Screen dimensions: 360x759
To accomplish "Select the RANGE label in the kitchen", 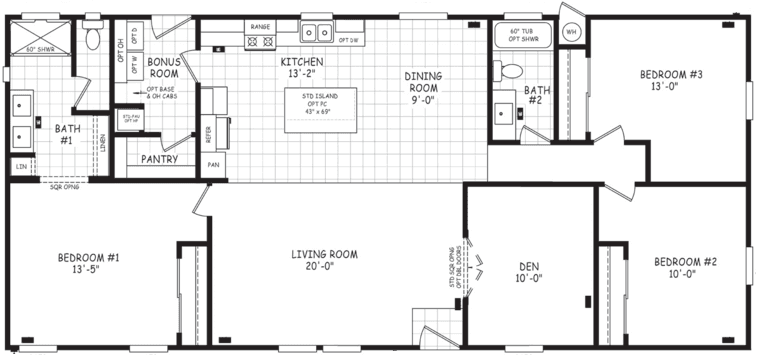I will [261, 27].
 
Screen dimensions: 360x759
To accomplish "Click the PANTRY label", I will [159, 159].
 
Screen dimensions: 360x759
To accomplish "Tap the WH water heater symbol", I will [571, 32].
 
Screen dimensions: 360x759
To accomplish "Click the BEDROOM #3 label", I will [671, 79].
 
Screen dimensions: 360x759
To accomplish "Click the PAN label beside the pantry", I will [213, 165].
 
